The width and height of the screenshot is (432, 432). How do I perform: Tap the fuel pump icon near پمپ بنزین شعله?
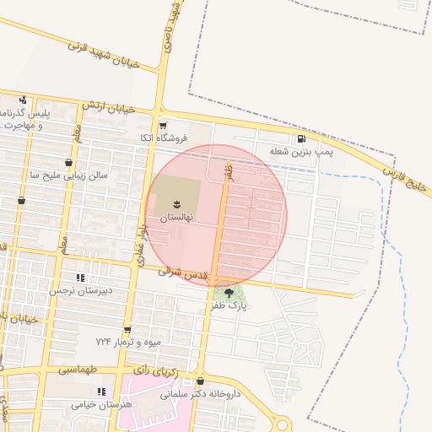(x=301, y=139)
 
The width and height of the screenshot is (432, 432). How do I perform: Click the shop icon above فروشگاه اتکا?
(x=163, y=123)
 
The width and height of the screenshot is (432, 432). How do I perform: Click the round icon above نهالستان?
(x=177, y=203)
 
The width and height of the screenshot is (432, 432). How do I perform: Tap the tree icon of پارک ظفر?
(x=229, y=292)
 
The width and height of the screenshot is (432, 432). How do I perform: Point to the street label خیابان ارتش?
(x=108, y=107)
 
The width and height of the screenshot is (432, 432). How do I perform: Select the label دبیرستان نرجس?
(x=80, y=290)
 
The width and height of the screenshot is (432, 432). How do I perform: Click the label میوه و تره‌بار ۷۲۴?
(x=127, y=342)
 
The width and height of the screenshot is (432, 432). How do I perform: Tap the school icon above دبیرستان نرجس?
(x=80, y=277)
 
